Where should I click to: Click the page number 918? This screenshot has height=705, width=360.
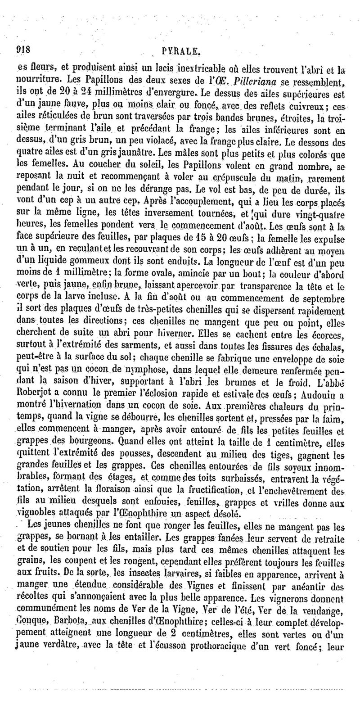pos(23,50)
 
